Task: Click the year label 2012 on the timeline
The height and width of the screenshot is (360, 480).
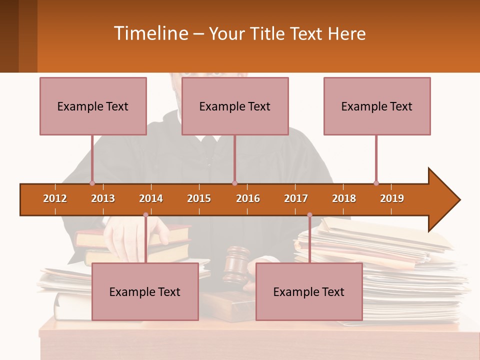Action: [x=55, y=198]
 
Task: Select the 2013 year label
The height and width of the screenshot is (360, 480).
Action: [x=103, y=198]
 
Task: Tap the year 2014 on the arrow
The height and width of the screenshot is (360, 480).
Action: [x=151, y=198]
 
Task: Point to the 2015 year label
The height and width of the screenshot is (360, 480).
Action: [x=199, y=198]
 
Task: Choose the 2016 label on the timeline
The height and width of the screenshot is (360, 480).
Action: [x=248, y=198]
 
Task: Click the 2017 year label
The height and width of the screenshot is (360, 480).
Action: [x=296, y=198]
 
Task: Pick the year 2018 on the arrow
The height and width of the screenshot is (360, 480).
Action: [x=344, y=198]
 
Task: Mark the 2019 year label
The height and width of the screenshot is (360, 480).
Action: [x=392, y=198]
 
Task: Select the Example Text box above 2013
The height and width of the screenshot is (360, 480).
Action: [x=93, y=106]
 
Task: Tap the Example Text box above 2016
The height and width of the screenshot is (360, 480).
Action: [x=235, y=106]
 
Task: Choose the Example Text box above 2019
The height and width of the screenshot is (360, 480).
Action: [x=377, y=106]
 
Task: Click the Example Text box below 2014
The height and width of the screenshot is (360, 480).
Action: [x=145, y=291]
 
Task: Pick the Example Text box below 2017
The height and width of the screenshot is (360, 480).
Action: [x=309, y=291]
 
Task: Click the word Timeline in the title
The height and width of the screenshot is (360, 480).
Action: [x=150, y=33]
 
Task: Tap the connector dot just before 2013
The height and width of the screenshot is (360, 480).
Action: [x=92, y=183]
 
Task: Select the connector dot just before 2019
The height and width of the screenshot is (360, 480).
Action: [x=376, y=183]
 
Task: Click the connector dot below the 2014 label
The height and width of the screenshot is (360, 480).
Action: [x=145, y=215]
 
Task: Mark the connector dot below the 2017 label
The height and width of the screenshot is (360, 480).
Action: [x=309, y=215]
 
